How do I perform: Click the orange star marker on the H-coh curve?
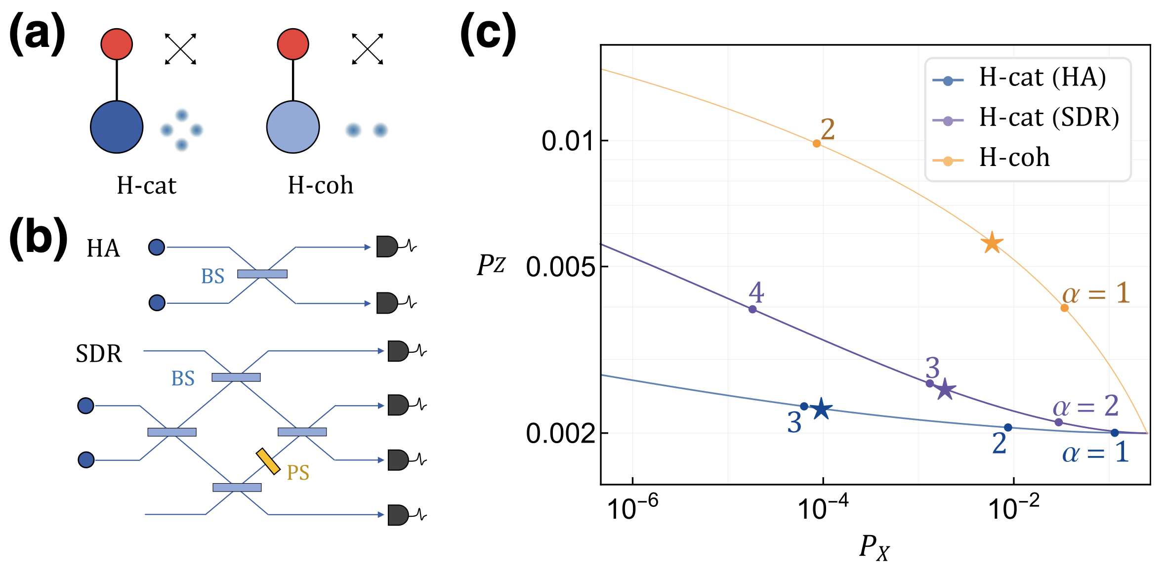pyautogui.click(x=992, y=243)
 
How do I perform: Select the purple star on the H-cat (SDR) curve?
pyautogui.click(x=945, y=389)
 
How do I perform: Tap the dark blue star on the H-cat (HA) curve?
pyautogui.click(x=821, y=409)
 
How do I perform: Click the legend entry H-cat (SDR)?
pyautogui.click(x=1048, y=118)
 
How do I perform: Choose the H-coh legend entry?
pyautogui.click(x=1014, y=158)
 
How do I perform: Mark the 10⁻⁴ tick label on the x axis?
pyautogui.click(x=823, y=508)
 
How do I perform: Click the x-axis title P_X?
pyautogui.click(x=874, y=547)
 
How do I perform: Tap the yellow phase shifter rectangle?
pyautogui.click(x=268, y=461)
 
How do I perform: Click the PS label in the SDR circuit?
pyautogui.click(x=298, y=473)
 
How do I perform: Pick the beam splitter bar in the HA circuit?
pyautogui.click(x=262, y=274)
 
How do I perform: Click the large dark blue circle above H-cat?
pyautogui.click(x=117, y=127)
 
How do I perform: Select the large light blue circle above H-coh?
pyautogui.click(x=293, y=127)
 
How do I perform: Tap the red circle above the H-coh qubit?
pyautogui.click(x=293, y=44)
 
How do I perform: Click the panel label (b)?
pyautogui.click(x=38, y=238)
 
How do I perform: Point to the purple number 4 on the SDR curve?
pyautogui.click(x=756, y=292)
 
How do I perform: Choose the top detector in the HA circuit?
pyautogui.click(x=387, y=247)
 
